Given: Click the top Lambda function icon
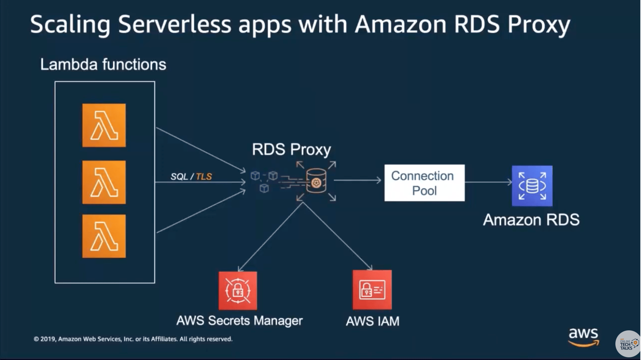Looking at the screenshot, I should pos(104,125).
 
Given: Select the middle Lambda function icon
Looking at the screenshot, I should pos(104,182).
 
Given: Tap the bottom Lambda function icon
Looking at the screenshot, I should pos(104,236).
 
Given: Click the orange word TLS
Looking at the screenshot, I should pos(204,177).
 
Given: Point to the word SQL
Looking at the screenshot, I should pos(179,177).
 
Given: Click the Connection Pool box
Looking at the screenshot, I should pos(424,183).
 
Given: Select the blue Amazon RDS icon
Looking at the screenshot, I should pos(532,186).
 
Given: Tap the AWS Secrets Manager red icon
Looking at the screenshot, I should pos(238,291).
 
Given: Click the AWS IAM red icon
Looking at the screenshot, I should pos(372,290).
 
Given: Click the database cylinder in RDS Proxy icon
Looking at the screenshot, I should pos(316,181).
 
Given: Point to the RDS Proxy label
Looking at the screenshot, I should pos(292,149).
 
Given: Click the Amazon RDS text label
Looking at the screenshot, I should pos(531,220).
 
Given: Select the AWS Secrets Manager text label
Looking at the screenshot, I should pos(239,321).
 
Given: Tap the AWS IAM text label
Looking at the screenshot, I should pos(372,321).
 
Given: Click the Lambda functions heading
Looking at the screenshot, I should pos(103,64).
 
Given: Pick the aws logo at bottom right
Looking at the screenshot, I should pos(583,337).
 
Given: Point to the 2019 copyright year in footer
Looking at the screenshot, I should pos(48,339).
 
